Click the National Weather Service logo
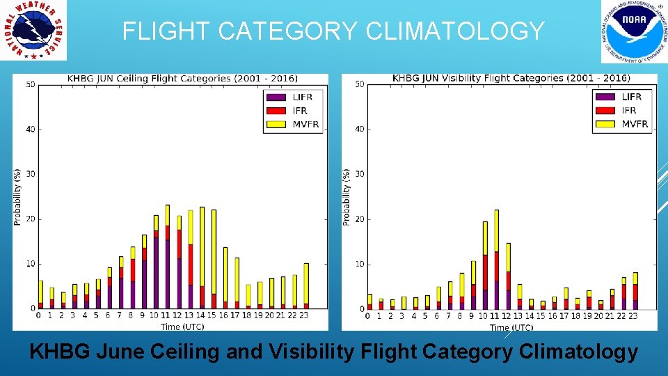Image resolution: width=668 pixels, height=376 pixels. point(33,31)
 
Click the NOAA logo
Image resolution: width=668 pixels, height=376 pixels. point(629,31)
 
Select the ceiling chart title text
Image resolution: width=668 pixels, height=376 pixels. point(182,79)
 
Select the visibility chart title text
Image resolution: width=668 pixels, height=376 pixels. point(511,78)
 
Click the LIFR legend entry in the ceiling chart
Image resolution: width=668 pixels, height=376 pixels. point(293,97)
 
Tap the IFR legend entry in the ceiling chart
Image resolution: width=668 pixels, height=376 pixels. point(293,111)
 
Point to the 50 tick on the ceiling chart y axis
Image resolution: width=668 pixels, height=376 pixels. point(30,85)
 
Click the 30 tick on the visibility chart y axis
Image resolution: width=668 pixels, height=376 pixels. point(358,174)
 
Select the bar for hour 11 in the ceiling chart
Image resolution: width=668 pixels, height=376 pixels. point(167,258)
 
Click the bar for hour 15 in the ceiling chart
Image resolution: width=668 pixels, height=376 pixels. point(214,259)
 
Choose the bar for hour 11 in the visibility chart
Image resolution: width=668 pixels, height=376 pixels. point(496,260)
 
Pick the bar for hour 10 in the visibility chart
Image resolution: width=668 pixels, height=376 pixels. point(484,265)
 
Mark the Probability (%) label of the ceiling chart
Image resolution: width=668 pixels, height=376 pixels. point(18,196)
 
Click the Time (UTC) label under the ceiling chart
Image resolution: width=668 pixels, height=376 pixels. point(182,326)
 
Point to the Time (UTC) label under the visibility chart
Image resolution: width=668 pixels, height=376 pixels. point(511,327)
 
